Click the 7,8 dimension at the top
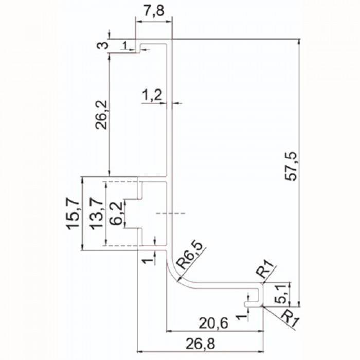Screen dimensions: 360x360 pyautogui.click(x=154, y=11)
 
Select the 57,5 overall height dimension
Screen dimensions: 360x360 pyautogui.click(x=291, y=166)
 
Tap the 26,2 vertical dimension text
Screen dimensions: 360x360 pyautogui.click(x=101, y=115)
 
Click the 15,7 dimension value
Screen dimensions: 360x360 pyautogui.click(x=73, y=213)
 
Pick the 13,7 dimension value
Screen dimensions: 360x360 pyautogui.click(x=96, y=213)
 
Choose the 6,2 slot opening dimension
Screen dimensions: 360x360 pyautogui.click(x=115, y=213)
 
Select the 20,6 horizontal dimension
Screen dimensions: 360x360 pyautogui.click(x=213, y=323)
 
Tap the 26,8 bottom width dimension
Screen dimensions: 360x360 pyautogui.click(x=201, y=344)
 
